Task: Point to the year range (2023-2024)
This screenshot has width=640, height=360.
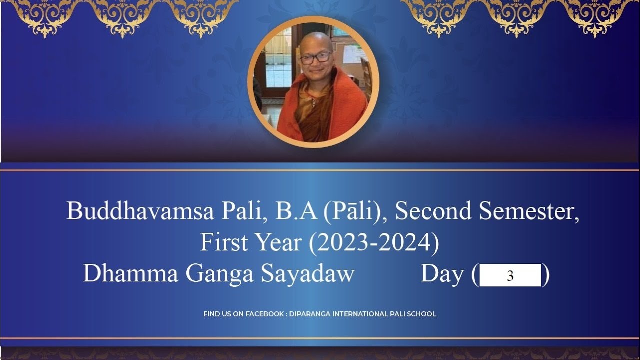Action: click(374, 242)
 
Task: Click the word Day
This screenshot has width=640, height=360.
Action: click(442, 274)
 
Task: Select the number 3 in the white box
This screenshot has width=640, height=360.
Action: click(510, 276)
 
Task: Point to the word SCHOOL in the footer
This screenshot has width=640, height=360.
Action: click(423, 314)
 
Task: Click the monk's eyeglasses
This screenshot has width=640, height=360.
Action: click(316, 57)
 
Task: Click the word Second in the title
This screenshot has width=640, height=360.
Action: click(434, 211)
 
